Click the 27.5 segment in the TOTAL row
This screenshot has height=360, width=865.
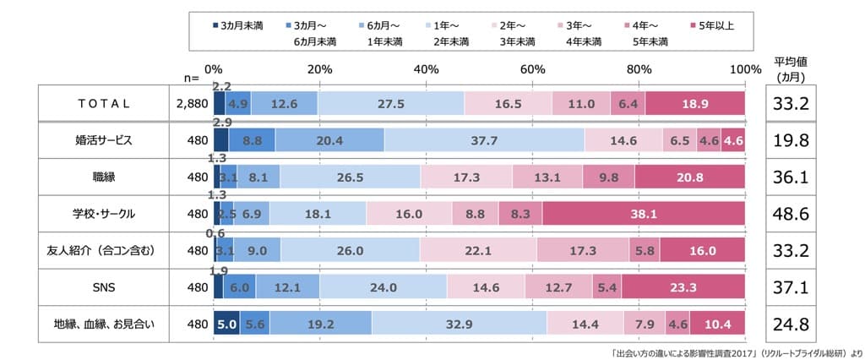(x=391, y=104)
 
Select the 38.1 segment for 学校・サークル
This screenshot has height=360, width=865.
(x=644, y=214)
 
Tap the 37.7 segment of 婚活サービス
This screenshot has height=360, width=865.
(x=484, y=141)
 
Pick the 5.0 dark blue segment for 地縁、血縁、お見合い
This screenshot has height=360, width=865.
(x=226, y=323)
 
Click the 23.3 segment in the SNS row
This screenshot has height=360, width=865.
(x=683, y=287)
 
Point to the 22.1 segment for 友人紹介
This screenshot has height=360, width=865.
(x=479, y=250)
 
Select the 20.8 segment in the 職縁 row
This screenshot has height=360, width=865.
(x=689, y=177)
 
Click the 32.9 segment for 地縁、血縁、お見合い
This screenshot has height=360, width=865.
(x=459, y=323)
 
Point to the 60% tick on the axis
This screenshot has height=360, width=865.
(x=532, y=68)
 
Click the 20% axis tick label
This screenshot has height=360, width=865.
(x=320, y=68)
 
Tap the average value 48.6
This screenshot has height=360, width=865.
(x=792, y=214)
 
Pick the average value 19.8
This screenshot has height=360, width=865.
(x=792, y=141)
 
